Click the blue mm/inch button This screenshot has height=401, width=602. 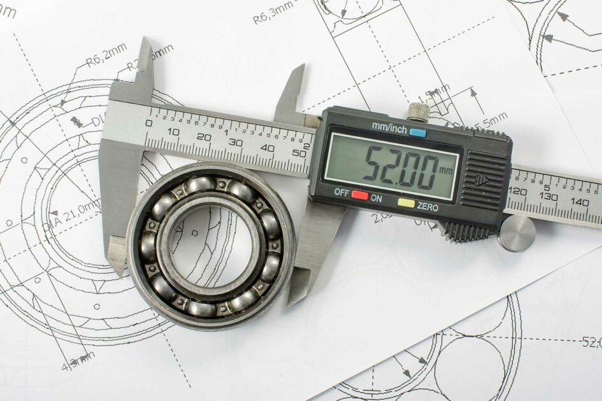click(418, 133)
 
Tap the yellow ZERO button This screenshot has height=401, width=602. click(406, 204)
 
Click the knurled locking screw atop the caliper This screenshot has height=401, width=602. click(418, 111)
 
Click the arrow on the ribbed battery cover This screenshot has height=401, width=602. click(483, 180)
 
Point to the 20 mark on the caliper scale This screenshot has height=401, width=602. click(203, 136)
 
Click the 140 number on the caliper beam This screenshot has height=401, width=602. click(580, 201)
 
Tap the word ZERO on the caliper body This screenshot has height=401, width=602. click(427, 205)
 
